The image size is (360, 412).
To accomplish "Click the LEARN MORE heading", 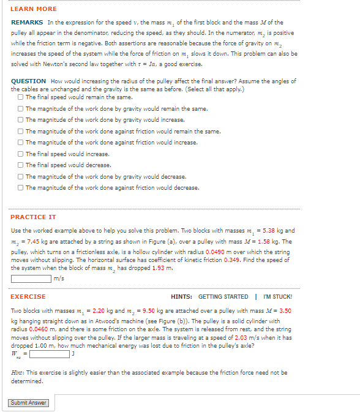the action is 34,9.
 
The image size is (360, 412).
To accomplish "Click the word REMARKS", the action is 27,22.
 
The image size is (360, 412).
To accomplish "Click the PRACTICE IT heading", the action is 33,217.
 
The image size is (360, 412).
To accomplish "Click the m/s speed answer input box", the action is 31,279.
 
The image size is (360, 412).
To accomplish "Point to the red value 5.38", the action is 271,231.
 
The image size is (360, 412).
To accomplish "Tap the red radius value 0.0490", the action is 217,251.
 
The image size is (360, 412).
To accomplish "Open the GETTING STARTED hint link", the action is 223,297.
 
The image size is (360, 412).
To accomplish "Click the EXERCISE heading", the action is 28,297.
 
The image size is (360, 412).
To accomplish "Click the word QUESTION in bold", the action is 28,81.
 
